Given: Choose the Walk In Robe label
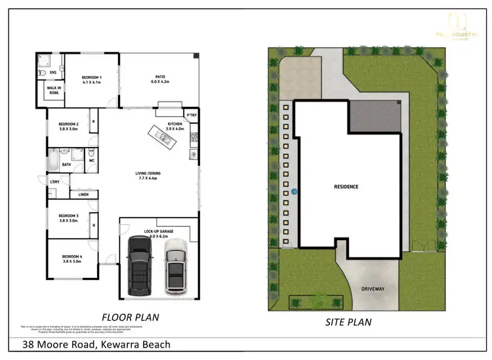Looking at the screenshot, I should (x=54, y=90).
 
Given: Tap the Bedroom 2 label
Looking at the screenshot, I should (x=68, y=127).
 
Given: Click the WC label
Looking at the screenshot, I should (x=92, y=160).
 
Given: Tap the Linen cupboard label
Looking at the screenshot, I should (x=83, y=195).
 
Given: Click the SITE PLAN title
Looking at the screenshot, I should (x=349, y=322).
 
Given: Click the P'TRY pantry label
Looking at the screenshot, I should (x=192, y=116).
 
